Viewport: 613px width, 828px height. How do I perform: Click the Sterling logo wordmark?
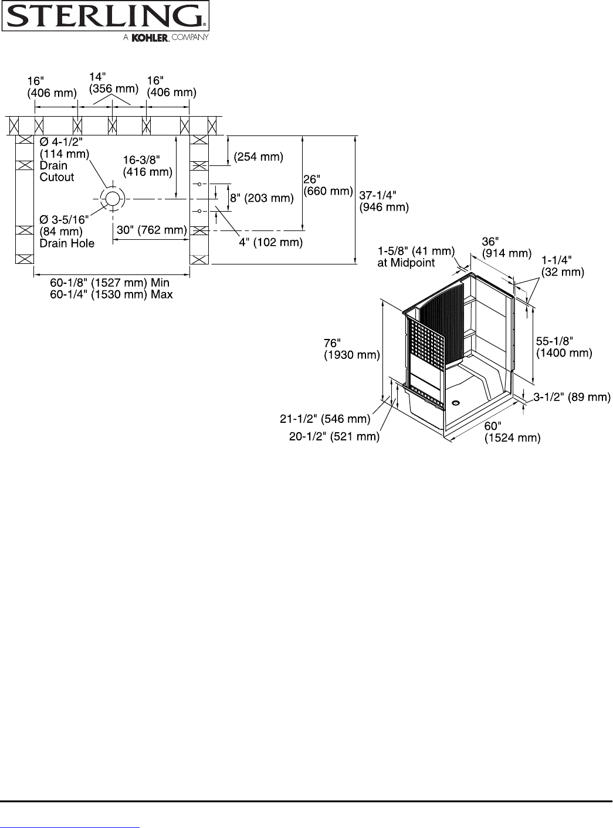pos(106,16)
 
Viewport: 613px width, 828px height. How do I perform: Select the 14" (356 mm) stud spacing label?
pos(114,83)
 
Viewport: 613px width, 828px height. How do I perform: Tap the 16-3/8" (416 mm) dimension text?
pos(148,166)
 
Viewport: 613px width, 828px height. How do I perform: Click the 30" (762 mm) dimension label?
pos(152,230)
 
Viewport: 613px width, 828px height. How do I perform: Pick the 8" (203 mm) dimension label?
pos(262,198)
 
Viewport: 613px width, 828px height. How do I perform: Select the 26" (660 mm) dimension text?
pos(328,185)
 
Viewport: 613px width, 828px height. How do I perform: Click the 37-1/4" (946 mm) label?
pos(384,201)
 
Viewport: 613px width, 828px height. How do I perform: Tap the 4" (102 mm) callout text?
pos(271,242)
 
